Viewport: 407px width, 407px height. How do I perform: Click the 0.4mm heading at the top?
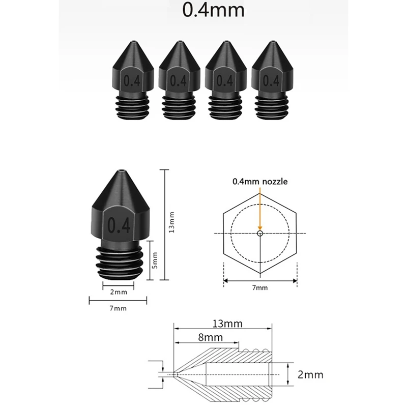[213, 10]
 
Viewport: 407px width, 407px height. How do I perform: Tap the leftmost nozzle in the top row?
[133, 80]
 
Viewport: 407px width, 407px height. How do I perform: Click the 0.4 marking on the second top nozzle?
[179, 81]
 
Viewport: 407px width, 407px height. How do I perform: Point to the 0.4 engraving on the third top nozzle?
[225, 81]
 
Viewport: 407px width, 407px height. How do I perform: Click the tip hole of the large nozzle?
[122, 171]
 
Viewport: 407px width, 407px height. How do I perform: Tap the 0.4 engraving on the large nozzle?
[119, 225]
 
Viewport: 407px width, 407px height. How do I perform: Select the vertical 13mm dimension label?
[171, 222]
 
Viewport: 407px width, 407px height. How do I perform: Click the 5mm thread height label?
[155, 260]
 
